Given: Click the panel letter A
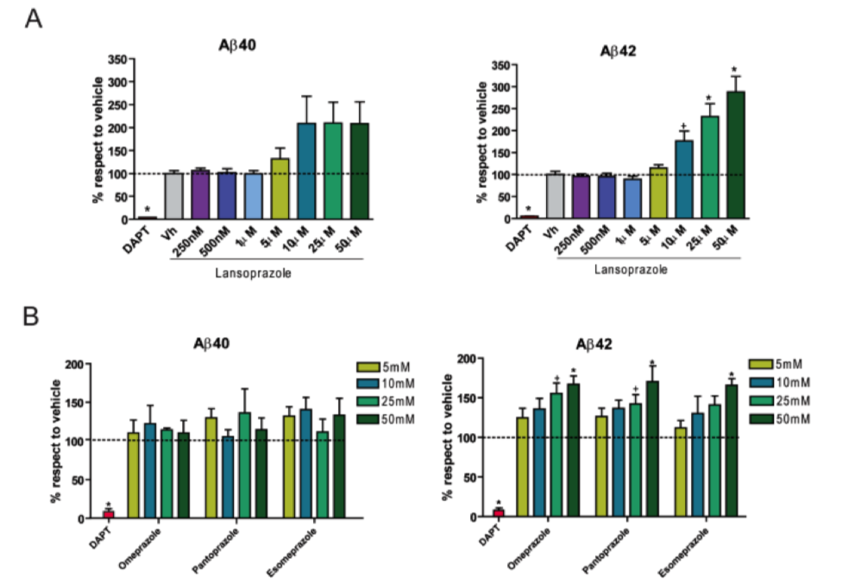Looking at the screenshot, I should pyautogui.click(x=34, y=18).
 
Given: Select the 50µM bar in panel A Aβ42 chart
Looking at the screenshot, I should pyautogui.click(x=736, y=155).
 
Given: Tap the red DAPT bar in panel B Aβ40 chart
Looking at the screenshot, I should pyautogui.click(x=108, y=514).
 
